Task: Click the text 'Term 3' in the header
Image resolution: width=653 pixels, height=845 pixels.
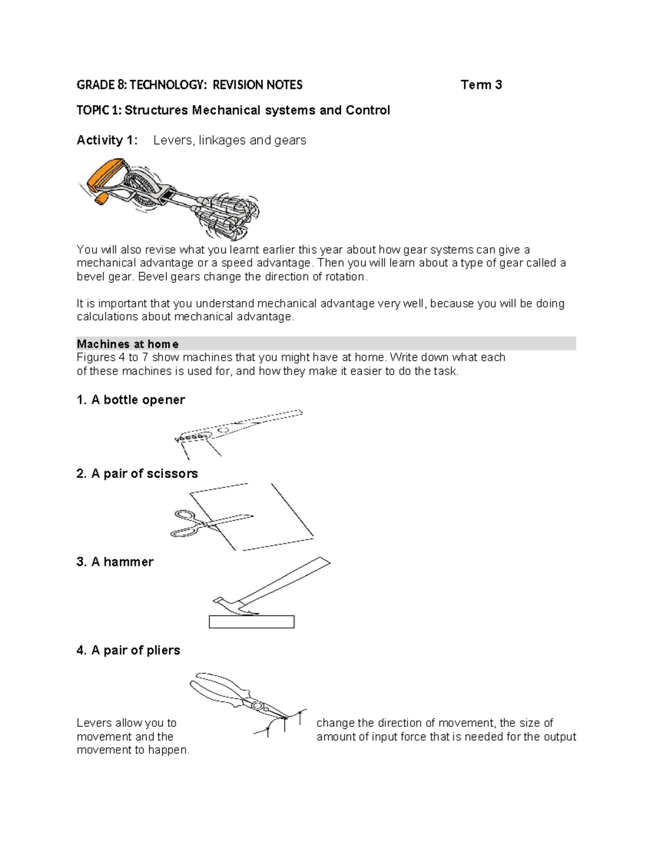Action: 481,85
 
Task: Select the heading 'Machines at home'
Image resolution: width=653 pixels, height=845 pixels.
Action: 128,344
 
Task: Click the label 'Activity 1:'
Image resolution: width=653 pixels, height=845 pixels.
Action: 107,140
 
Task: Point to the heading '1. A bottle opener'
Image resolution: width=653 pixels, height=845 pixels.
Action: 131,400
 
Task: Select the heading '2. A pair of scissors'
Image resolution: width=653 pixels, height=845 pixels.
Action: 137,474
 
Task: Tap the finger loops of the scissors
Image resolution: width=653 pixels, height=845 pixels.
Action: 184,523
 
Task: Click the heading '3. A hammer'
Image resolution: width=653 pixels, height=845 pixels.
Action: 115,562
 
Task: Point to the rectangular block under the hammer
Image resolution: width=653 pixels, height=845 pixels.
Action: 251,621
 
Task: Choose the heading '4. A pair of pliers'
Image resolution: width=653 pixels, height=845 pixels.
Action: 128,650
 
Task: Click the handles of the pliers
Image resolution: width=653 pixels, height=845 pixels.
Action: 218,688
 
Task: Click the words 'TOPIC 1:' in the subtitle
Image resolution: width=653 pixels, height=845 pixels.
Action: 100,110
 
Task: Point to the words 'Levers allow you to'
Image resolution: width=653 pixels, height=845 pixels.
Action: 126,723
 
